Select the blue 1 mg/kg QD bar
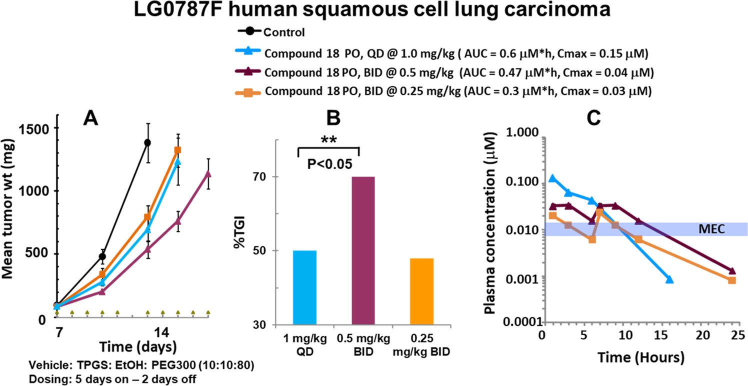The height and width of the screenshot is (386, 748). tap(298, 287)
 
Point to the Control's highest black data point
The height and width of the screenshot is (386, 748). tap(147, 142)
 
